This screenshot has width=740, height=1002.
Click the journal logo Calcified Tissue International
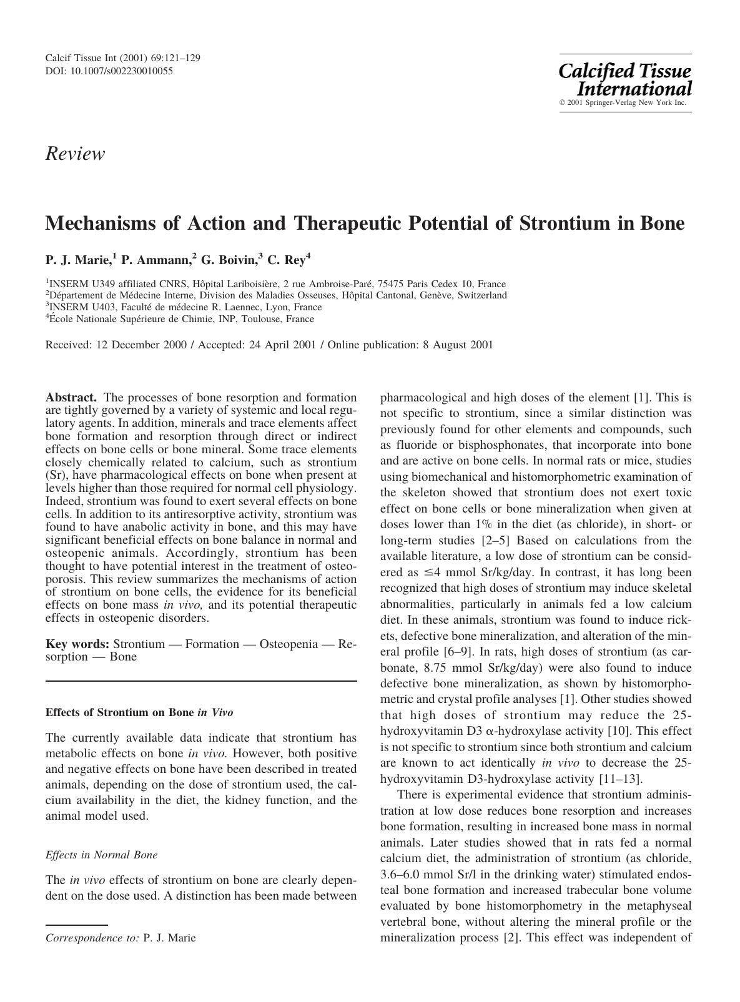tap(624, 79)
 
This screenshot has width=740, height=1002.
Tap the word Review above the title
tap(75, 154)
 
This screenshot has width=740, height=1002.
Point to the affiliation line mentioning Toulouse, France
tap(180, 319)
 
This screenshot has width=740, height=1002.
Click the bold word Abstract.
tap(71, 398)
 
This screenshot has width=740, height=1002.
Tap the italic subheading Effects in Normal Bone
tap(101, 855)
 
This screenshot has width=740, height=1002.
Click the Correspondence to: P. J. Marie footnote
tap(121, 938)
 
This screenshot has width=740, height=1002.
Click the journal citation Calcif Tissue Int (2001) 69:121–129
tap(122, 58)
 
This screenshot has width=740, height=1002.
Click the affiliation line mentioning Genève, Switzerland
tap(276, 295)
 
